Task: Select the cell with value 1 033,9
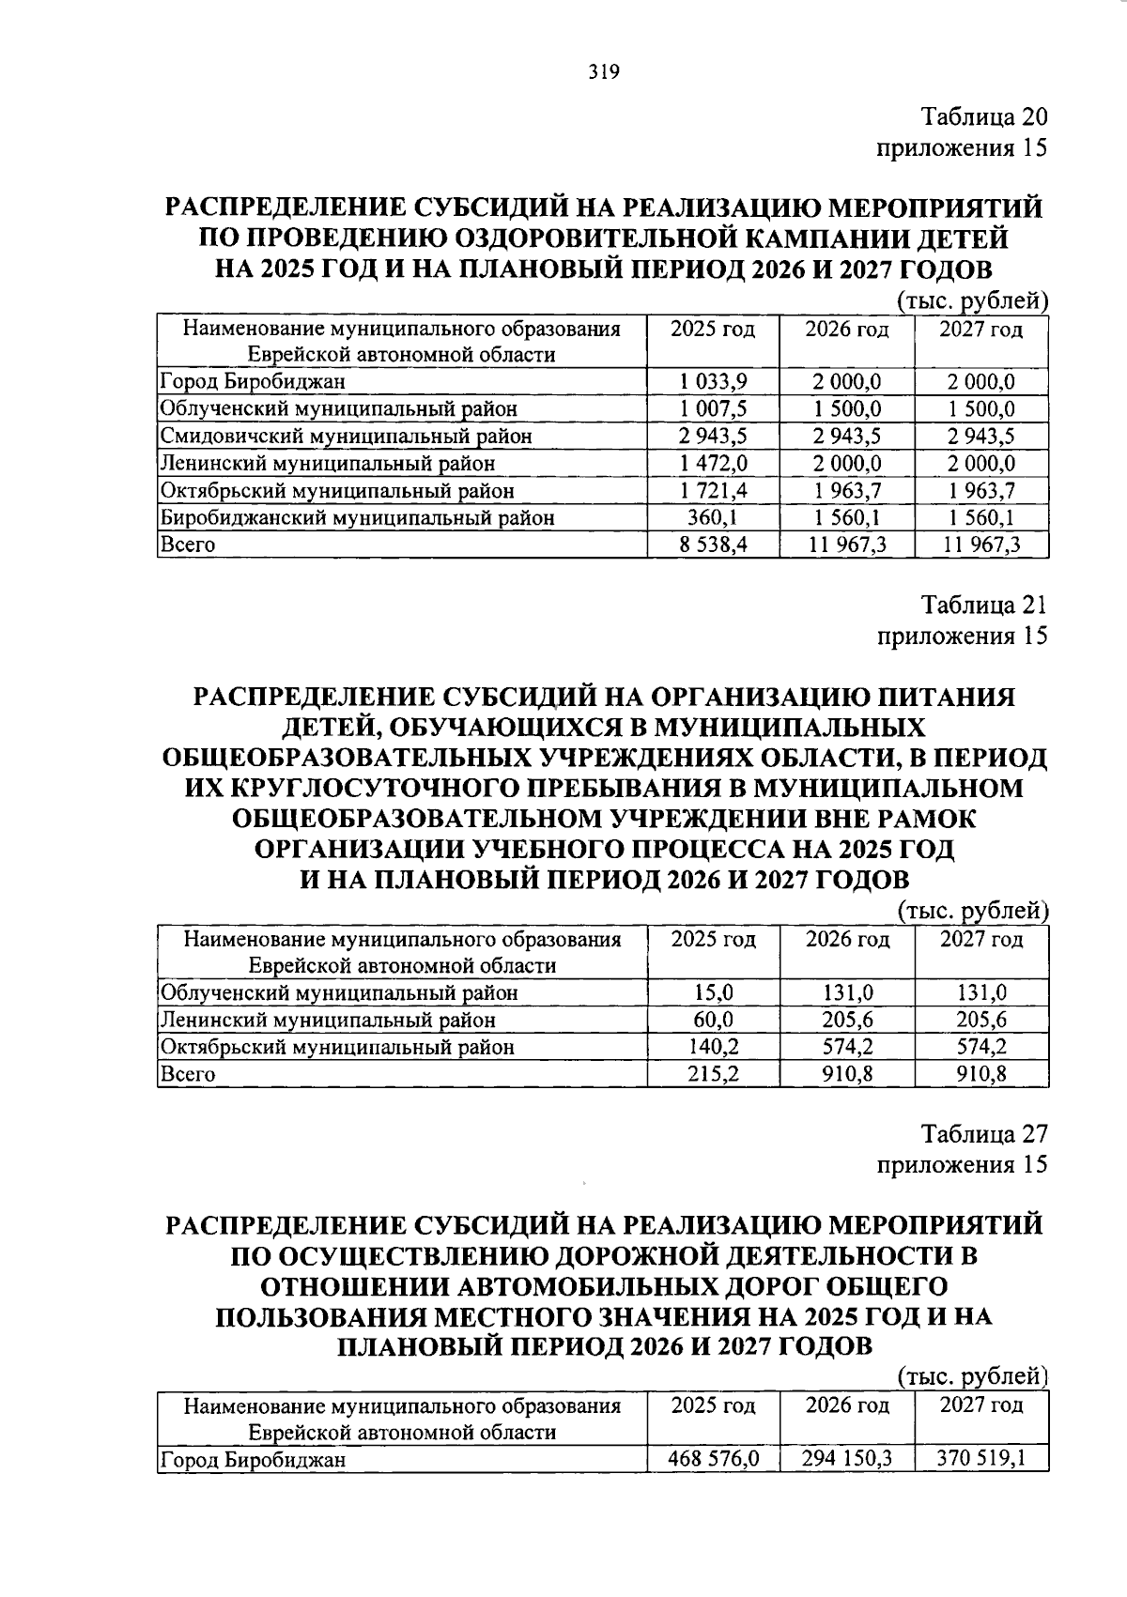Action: point(713,381)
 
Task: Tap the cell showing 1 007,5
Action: point(713,408)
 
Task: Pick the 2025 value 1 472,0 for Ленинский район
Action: point(713,463)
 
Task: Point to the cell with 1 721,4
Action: point(713,490)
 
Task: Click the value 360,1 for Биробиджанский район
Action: point(713,517)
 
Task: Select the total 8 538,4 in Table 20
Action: point(713,545)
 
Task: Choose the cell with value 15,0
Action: point(713,992)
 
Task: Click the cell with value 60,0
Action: point(713,1020)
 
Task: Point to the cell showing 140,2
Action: point(713,1047)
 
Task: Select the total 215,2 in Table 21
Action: point(713,1074)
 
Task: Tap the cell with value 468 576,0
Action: point(713,1459)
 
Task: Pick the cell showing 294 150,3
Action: point(847,1459)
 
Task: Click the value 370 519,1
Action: point(981,1459)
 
